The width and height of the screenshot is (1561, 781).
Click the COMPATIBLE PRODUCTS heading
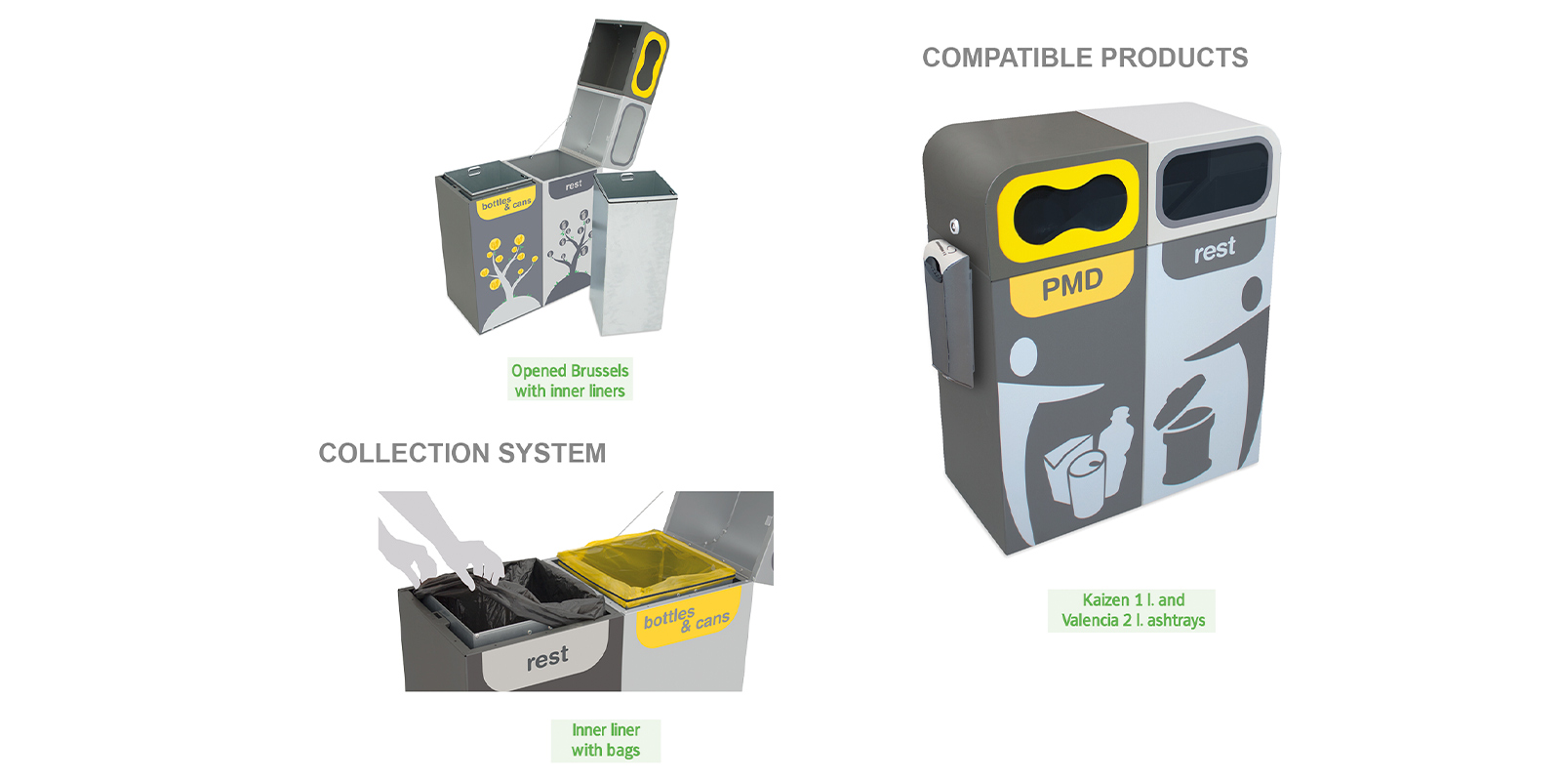point(1085,59)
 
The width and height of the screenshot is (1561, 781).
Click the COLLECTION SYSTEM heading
point(462,454)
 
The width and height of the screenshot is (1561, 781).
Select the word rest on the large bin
point(1215,250)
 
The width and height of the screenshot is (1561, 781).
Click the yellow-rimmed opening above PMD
point(1070,207)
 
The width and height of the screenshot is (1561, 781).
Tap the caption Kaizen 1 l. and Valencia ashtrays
point(1132,610)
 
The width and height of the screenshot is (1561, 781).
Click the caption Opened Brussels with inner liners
point(570,381)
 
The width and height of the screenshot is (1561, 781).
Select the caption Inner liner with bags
point(606,740)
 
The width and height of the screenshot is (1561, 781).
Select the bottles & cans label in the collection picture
point(687,619)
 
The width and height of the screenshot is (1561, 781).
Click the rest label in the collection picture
point(547,659)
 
